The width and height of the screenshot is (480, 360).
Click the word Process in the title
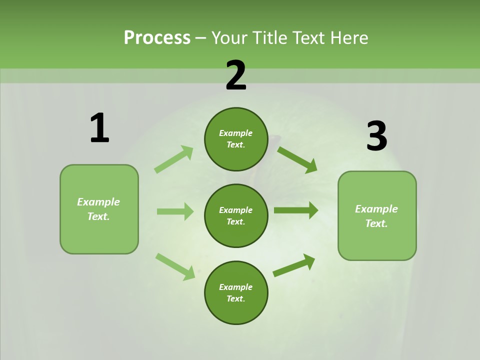pyautogui.click(x=157, y=38)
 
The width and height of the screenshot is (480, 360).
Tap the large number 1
pyautogui.click(x=99, y=128)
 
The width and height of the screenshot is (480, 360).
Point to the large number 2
pyautogui.click(x=236, y=75)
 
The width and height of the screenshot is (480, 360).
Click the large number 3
pyautogui.click(x=376, y=136)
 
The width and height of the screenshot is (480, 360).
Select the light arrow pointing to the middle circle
pyautogui.click(x=175, y=211)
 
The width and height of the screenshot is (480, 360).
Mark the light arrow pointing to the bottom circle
pyautogui.click(x=175, y=266)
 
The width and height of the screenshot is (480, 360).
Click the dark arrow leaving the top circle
pyautogui.click(x=297, y=159)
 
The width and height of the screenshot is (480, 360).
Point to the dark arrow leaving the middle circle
pyautogui.click(x=296, y=210)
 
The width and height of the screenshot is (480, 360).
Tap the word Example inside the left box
pyautogui.click(x=98, y=202)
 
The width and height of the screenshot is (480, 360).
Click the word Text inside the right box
pyautogui.click(x=376, y=223)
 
